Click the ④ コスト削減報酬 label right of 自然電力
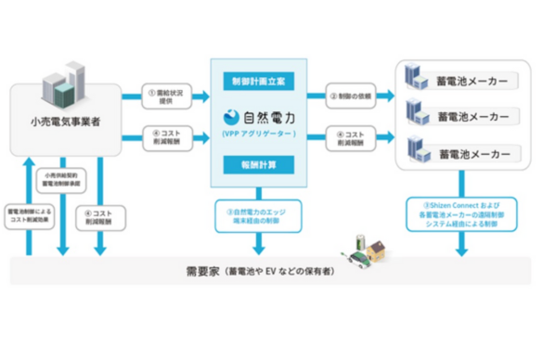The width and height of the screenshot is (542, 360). coord(350,138)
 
